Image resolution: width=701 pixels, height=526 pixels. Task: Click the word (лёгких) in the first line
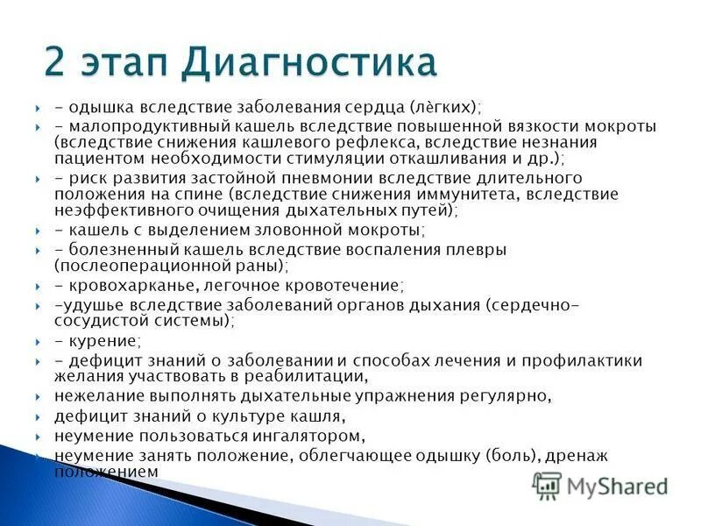[444, 107]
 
